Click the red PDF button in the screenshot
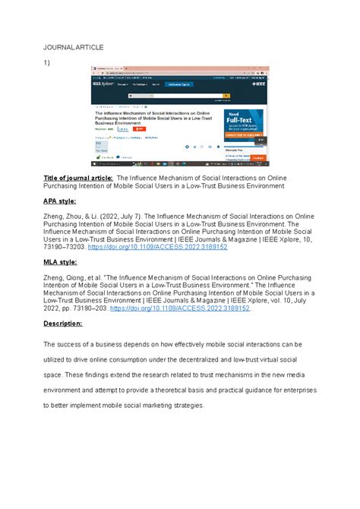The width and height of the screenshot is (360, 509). coord(138,129)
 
